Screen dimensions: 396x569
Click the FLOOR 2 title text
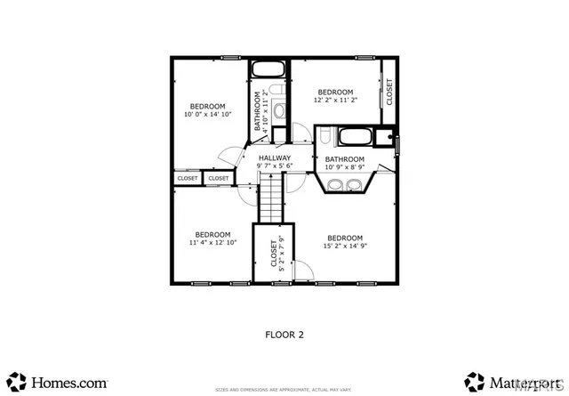(x=284, y=335)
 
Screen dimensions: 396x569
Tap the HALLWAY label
(x=275, y=158)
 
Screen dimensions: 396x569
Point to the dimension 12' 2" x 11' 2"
(x=335, y=101)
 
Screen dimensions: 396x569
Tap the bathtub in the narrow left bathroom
(x=268, y=69)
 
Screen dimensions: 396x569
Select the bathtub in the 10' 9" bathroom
(x=354, y=137)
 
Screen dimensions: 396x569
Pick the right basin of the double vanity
(x=355, y=185)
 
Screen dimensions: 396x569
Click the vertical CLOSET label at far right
(x=389, y=91)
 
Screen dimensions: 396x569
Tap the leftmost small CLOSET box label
(x=188, y=178)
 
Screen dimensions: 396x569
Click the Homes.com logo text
(x=70, y=382)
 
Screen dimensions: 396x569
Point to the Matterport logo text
(x=516, y=382)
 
